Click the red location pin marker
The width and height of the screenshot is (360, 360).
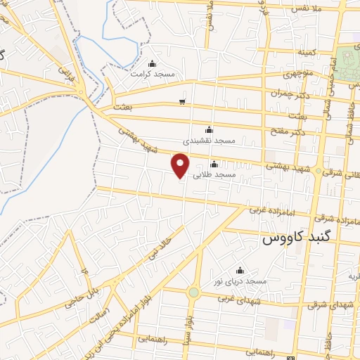tap(181, 165)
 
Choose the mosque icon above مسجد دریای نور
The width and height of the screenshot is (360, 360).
tap(240, 271)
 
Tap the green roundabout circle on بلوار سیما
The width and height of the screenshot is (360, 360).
tap(193, 292)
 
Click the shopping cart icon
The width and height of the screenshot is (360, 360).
tap(182, 102)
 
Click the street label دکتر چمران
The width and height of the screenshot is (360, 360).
tap(288, 94)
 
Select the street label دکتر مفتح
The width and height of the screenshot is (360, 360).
tap(288, 131)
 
